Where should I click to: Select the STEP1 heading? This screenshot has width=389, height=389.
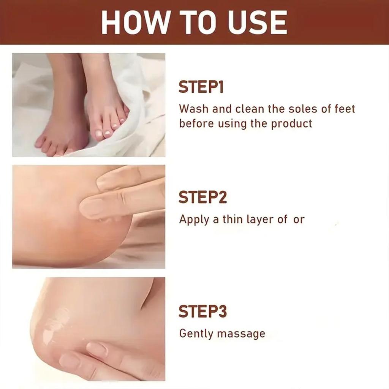[201, 87]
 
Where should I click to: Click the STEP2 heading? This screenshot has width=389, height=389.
[202, 198]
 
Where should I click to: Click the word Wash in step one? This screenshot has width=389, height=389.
[194, 109]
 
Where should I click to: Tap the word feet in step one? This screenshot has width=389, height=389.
[344, 109]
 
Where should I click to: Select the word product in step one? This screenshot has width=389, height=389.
[291, 124]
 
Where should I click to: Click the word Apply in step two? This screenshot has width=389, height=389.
[194, 220]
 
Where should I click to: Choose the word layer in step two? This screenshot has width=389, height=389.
[262, 220]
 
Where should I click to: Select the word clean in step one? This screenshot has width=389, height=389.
[250, 109]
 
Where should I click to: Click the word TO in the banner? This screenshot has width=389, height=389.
[196, 22]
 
